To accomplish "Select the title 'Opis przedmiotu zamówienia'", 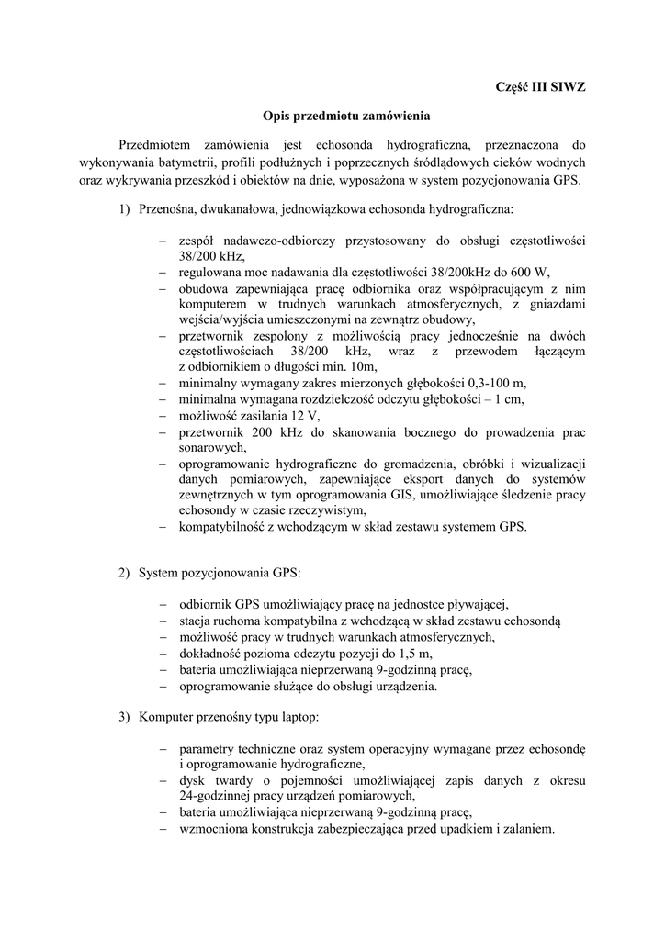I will [332, 117].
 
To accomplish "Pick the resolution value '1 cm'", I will [511, 399].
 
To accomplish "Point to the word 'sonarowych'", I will [212, 448].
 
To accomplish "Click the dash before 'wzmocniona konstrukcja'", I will [162, 828].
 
